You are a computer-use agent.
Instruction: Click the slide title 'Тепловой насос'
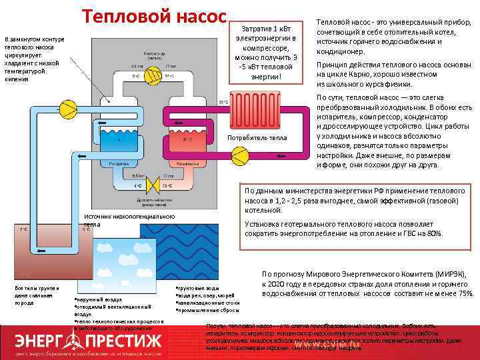(x=155, y=16)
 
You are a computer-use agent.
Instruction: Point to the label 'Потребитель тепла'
(x=257, y=137)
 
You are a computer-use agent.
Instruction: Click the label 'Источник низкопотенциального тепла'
(x=129, y=220)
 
